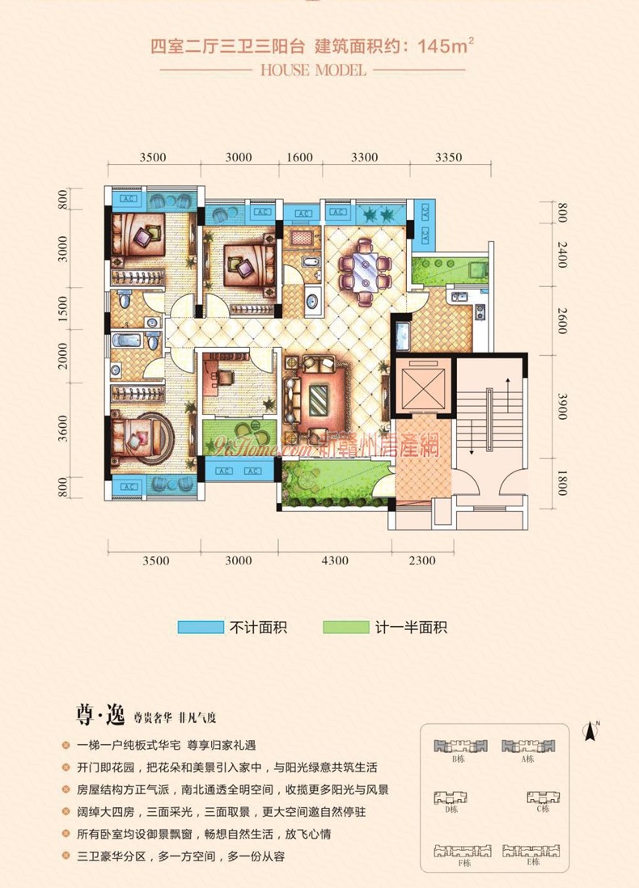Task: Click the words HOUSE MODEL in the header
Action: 314,70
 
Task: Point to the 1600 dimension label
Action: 298,157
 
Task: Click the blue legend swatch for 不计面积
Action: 200,627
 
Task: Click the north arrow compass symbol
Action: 591,733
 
